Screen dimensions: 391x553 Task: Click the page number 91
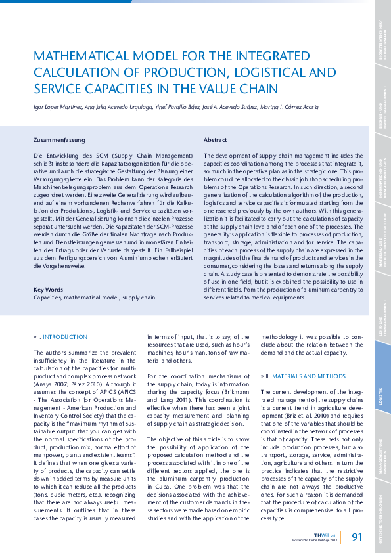pyautogui.click(x=357, y=537)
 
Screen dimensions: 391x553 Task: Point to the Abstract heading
pyautogui.click(x=216, y=140)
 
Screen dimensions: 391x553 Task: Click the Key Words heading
pyautogui.click(x=48, y=289)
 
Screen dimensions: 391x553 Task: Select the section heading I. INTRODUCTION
pyautogui.click(x=60, y=337)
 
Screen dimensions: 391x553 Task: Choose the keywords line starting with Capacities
pyautogui.click(x=95, y=297)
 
